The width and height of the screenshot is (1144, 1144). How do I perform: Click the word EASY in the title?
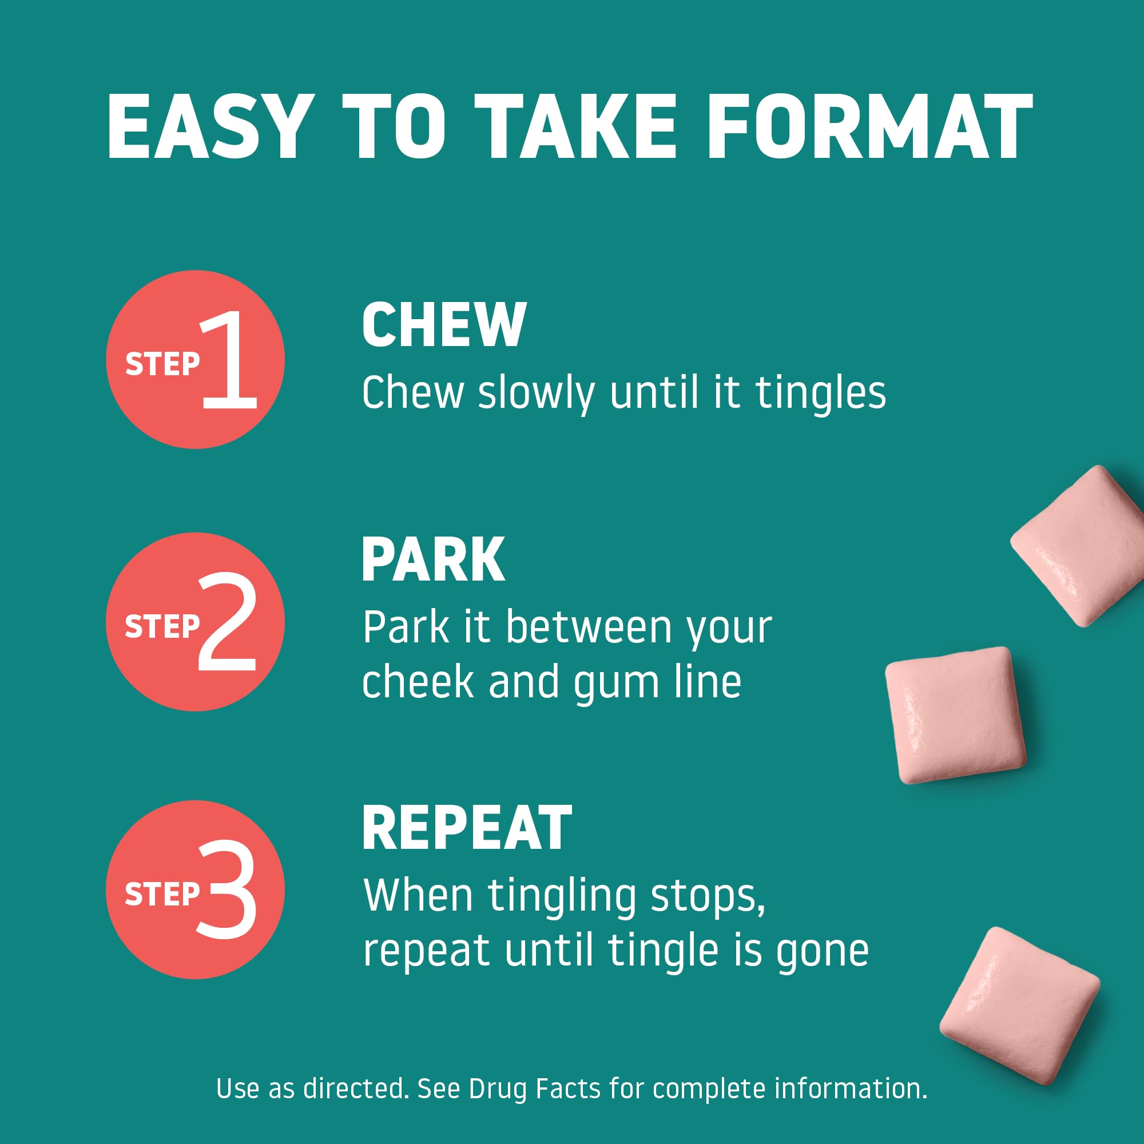210,127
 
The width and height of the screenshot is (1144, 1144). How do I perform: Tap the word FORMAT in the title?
870,127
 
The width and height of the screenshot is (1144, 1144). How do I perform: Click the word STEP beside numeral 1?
162,364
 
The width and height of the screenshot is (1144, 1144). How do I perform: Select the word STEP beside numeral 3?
162,893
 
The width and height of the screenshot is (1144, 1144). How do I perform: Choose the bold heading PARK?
433,559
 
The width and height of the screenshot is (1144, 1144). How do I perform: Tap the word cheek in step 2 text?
418,682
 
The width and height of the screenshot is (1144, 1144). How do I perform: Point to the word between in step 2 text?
589,627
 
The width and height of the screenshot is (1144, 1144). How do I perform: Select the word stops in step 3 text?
708,897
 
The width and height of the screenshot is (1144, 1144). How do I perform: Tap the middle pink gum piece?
956,714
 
